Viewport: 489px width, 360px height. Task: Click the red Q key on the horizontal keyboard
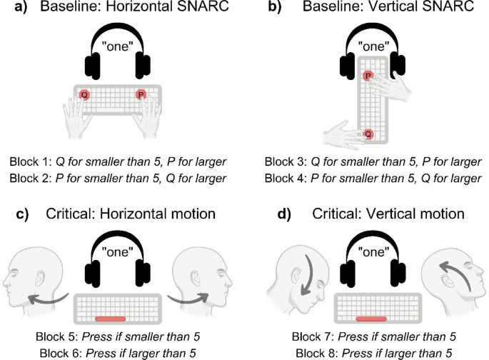click(85, 94)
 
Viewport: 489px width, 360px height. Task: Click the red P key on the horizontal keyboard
click(141, 94)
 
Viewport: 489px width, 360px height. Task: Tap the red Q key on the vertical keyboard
click(368, 134)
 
